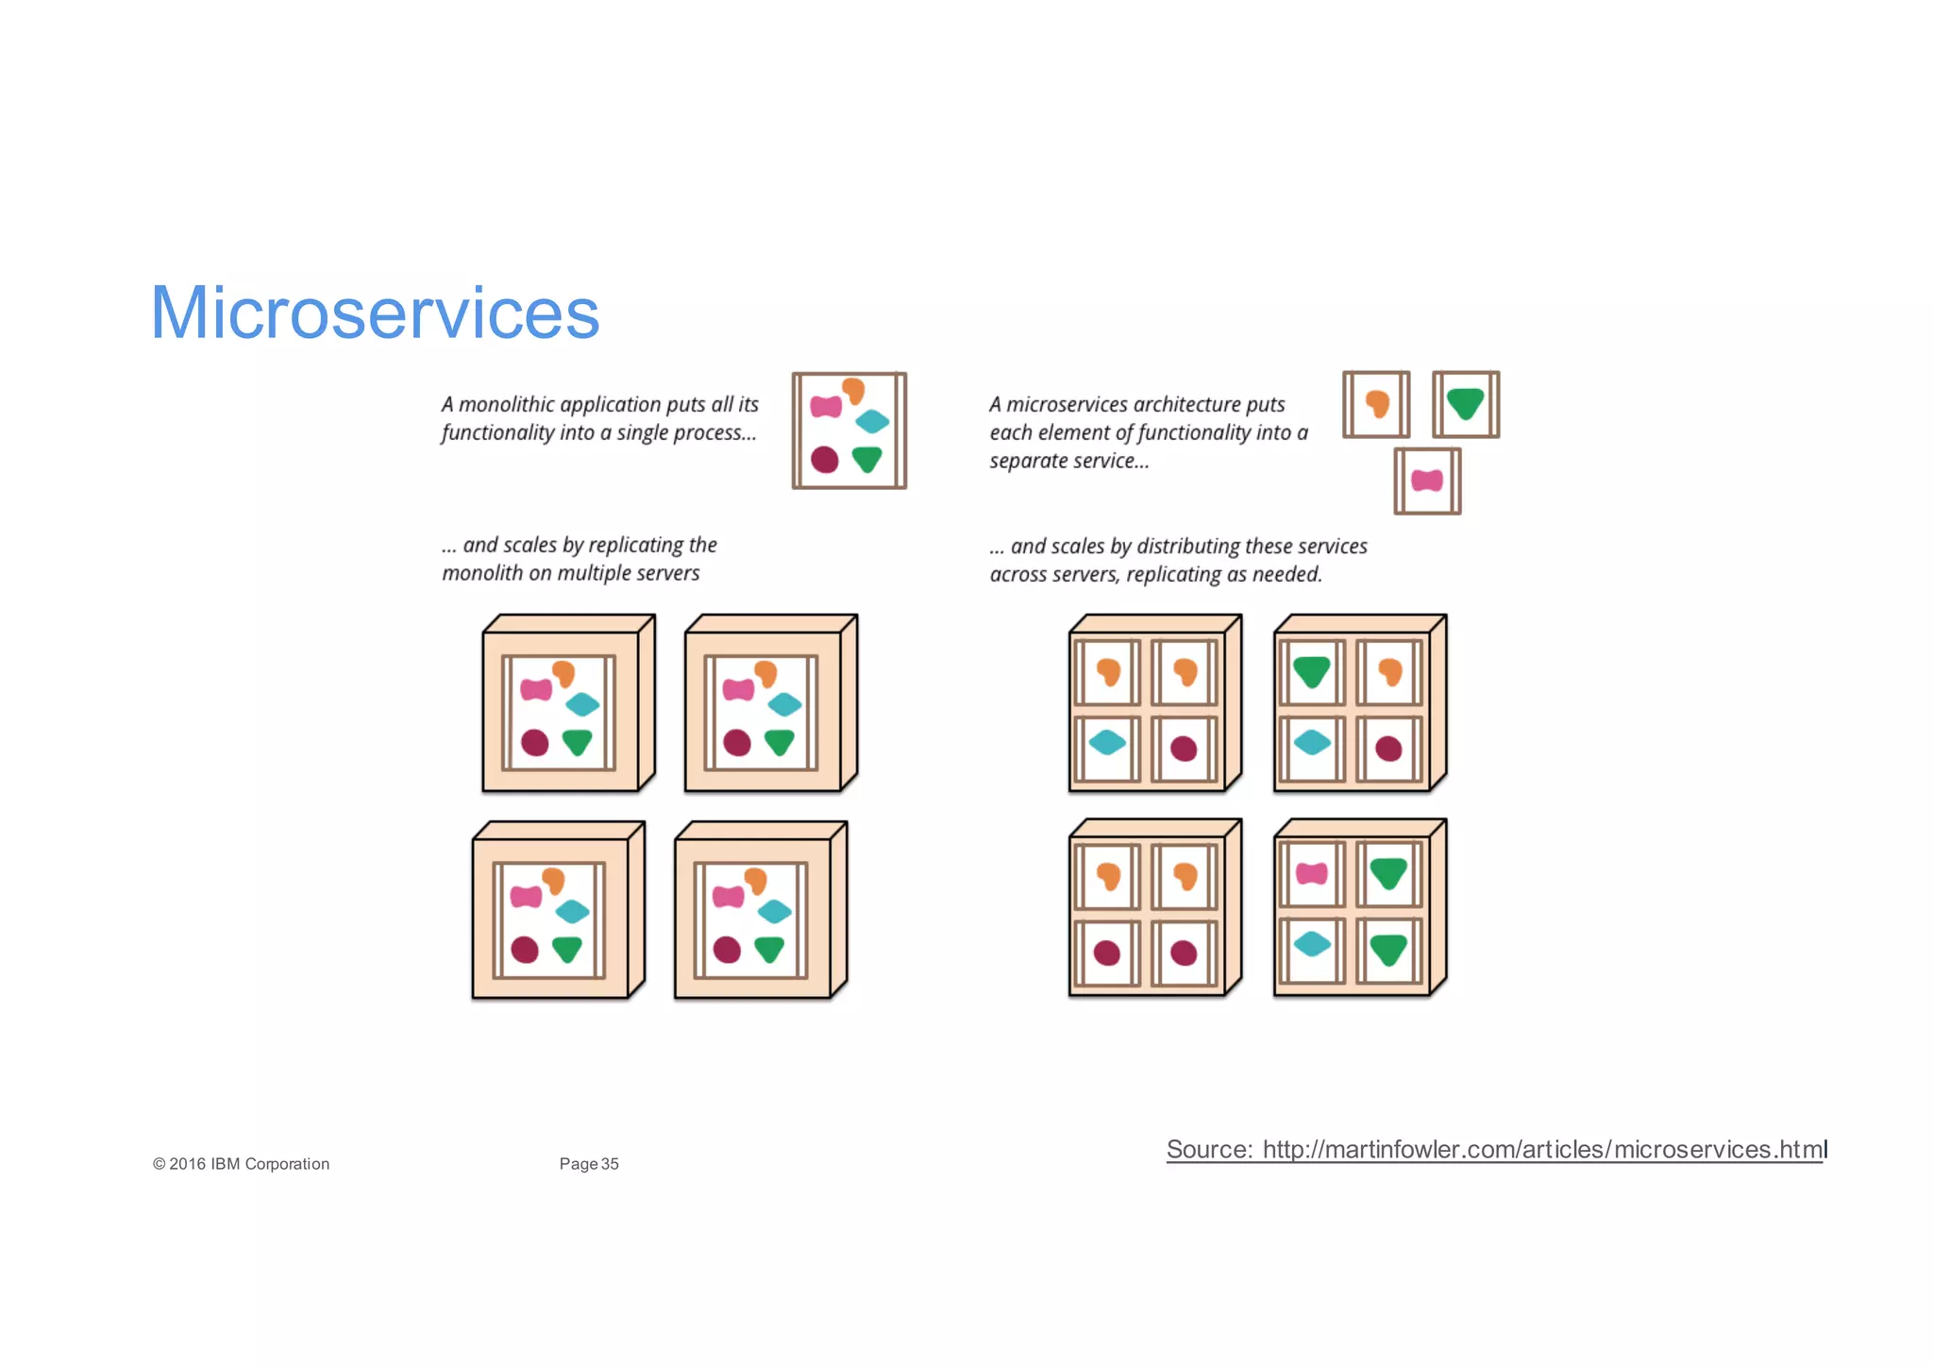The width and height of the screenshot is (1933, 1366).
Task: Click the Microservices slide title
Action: (x=375, y=312)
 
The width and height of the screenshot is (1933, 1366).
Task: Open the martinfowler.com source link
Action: (x=1495, y=1150)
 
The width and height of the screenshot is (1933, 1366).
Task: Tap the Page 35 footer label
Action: (x=589, y=1164)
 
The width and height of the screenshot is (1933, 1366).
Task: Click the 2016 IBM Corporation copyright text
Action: (x=242, y=1164)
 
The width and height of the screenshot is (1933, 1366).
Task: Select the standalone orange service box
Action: (x=1376, y=404)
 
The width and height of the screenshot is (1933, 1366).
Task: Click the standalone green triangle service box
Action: (x=1465, y=404)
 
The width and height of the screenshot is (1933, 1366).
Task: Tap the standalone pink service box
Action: (x=1427, y=481)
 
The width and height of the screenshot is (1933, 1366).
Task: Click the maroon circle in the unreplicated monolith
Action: (x=824, y=460)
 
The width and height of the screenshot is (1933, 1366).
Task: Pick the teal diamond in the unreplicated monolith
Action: (x=872, y=421)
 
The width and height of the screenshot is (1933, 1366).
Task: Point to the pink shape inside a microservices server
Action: (x=1311, y=874)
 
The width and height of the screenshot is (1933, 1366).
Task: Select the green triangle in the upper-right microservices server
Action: (x=1311, y=672)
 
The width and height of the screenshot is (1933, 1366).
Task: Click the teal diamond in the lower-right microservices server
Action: (x=1311, y=943)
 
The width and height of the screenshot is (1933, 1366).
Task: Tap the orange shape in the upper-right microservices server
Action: (x=1389, y=672)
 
